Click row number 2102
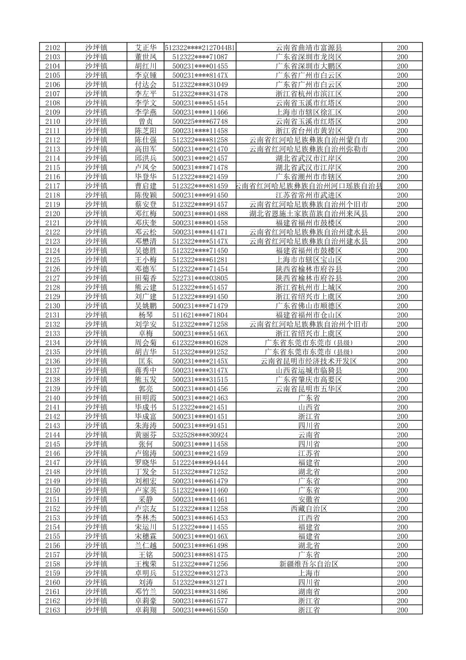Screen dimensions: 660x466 [53, 48]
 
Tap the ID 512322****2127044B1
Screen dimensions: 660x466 [200, 48]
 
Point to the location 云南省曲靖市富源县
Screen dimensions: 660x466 [308, 48]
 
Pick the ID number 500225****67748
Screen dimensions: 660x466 [200, 122]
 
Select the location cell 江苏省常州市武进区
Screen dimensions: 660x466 [308, 195]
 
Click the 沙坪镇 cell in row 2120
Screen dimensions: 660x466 [96, 214]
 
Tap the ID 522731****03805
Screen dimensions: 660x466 [200, 278]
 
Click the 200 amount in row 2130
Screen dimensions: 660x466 [402, 306]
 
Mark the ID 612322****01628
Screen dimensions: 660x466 [200, 343]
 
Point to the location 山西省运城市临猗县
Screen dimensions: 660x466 [308, 370]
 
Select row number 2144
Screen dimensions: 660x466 [53, 435]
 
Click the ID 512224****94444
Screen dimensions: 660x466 [200, 462]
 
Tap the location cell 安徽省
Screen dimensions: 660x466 [308, 499]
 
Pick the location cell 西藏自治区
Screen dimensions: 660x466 [308, 508]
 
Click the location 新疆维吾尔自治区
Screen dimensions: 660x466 [308, 564]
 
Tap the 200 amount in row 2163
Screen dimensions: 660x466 [402, 610]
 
